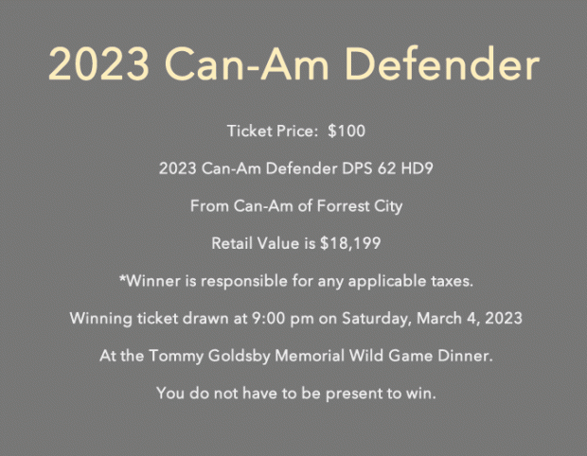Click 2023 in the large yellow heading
pos(99,63)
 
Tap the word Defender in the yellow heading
pos(442,63)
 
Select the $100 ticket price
pos(347,131)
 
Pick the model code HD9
pos(417,168)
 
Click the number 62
pos(386,168)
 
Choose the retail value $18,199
pos(350,243)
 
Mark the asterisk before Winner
pos(122,278)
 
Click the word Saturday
pos(374,319)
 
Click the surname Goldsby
pos(239,356)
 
